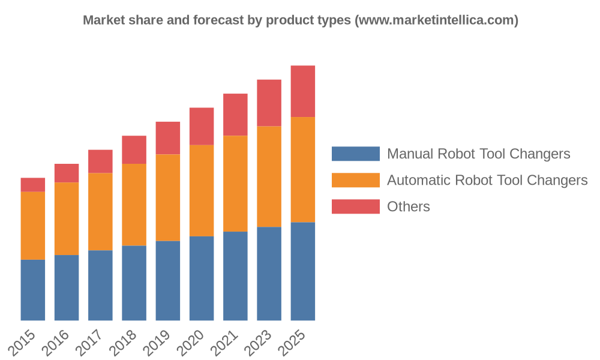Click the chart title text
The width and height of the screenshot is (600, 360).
pos(300,20)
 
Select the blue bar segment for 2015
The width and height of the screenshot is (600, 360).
pos(33,290)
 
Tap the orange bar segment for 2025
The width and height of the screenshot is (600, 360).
pos(303,170)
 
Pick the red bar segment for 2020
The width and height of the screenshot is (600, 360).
pos(202,127)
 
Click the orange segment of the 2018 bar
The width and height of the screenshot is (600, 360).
pos(134,205)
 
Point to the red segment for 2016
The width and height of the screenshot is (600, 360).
pos(67,173)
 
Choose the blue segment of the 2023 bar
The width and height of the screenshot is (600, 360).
pos(269,274)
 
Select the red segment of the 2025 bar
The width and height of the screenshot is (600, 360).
pos(303,91)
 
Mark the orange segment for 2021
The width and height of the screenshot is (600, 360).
pos(235,184)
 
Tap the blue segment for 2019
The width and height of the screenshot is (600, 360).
pos(168,281)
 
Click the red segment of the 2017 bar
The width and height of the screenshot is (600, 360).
pos(100,161)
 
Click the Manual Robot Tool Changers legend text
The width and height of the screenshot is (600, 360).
pos(478,154)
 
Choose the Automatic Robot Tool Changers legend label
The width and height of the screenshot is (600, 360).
pos(487,181)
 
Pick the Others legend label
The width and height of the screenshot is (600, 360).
pos(409,207)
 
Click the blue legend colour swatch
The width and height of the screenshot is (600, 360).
pos(356,154)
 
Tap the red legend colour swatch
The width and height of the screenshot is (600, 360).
pos(356,207)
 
